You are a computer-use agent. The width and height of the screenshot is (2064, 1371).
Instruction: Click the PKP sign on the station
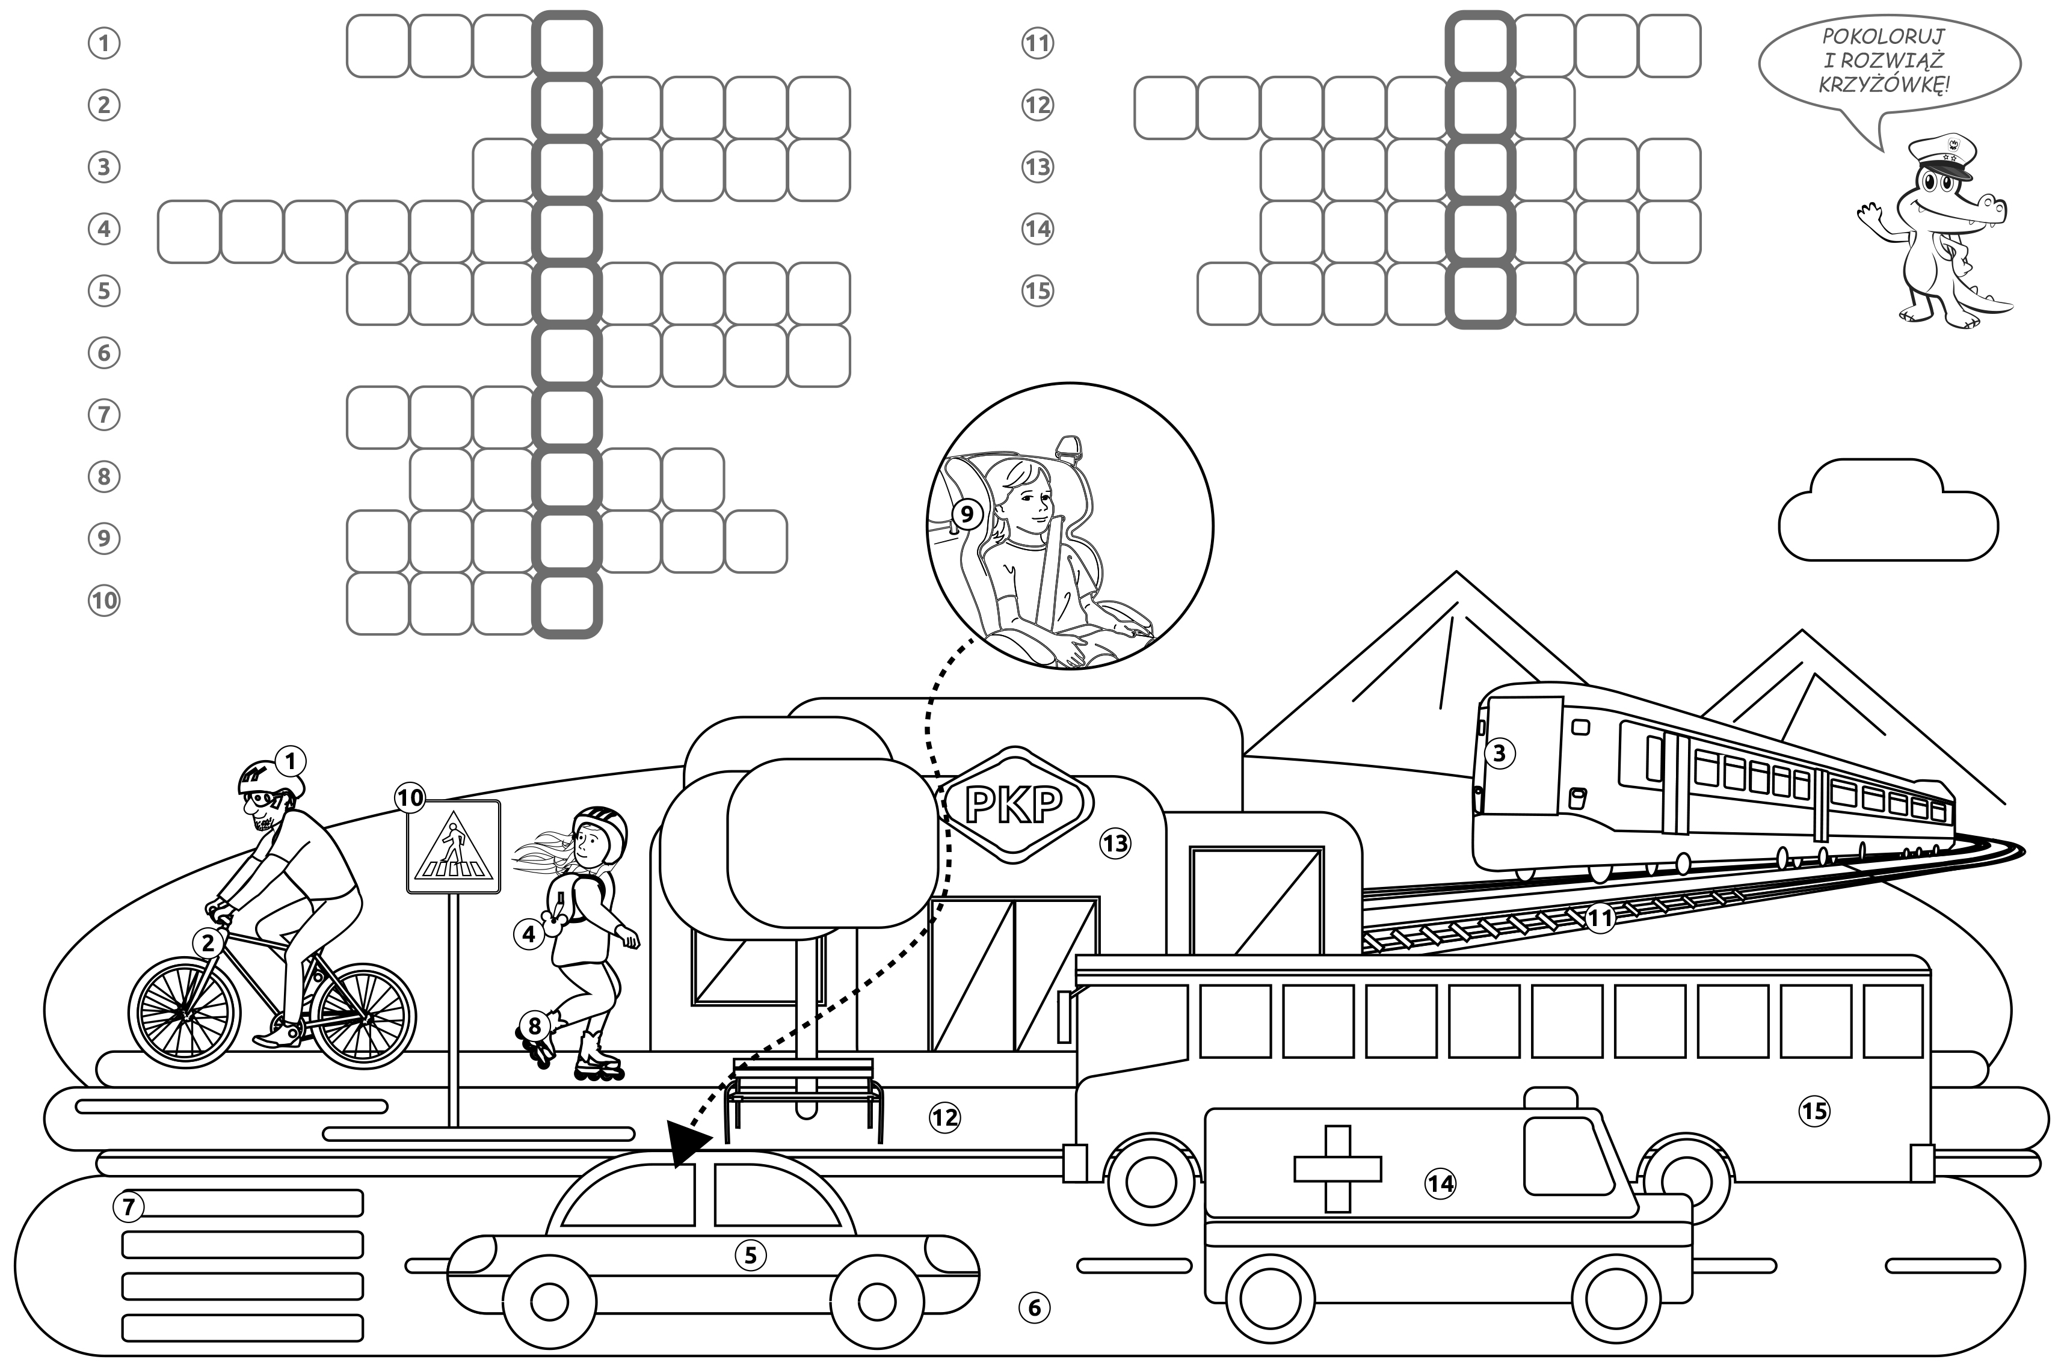click(x=1014, y=805)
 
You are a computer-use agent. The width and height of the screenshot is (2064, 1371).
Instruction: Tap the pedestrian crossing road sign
click(x=453, y=847)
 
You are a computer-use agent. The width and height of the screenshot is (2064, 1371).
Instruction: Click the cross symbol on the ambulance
click(x=1337, y=1169)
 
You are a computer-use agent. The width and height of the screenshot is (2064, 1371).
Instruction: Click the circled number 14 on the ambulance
click(x=1440, y=1184)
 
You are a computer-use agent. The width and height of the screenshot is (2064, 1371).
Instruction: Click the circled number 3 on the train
click(x=1499, y=753)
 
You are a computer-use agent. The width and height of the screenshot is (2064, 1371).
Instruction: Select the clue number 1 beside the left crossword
click(x=104, y=43)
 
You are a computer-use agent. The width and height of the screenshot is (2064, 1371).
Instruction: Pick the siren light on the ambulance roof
click(x=1551, y=1098)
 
